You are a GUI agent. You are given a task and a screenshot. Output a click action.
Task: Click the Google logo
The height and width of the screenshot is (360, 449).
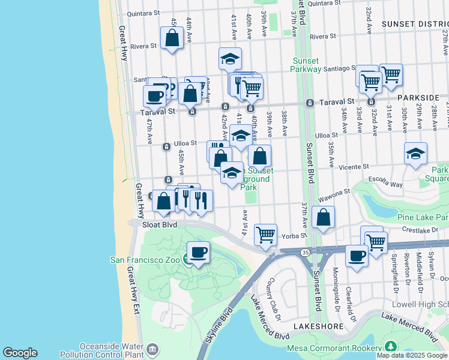click(20, 353)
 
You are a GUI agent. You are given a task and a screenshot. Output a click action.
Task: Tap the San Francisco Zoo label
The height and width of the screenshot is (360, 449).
click(146, 260)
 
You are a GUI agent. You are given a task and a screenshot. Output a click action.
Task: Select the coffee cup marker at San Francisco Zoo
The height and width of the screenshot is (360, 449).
click(198, 253)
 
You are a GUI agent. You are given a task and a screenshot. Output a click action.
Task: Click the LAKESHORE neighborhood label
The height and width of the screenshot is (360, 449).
click(318, 326)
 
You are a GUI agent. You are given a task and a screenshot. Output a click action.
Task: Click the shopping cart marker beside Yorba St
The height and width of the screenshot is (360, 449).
click(265, 234)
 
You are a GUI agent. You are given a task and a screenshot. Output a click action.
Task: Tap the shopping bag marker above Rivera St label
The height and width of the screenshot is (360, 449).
click(172, 38)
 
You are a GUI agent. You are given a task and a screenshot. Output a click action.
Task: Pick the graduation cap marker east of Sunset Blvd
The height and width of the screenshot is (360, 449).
click(415, 154)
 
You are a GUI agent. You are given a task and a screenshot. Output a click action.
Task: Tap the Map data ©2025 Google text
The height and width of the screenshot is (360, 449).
click(412, 355)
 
